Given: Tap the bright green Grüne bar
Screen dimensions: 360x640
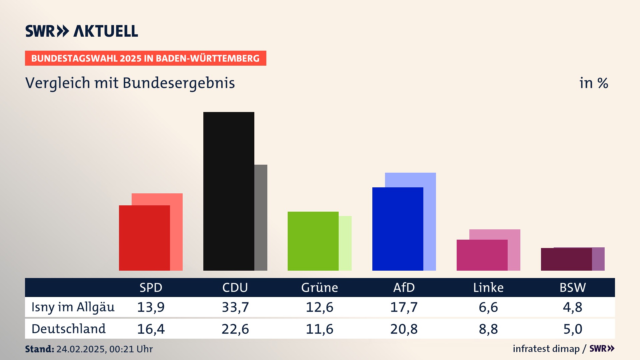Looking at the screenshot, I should [313, 241].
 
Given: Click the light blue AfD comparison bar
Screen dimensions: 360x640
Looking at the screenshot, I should [430, 220].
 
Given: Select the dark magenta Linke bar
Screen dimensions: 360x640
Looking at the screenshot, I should [482, 255].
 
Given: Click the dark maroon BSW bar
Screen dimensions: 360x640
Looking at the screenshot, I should [566, 259].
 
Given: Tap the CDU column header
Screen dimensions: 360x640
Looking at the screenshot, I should [235, 287].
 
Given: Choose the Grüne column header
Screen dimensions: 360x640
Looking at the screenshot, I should [319, 287].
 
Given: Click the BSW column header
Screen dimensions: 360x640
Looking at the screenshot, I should [572, 287].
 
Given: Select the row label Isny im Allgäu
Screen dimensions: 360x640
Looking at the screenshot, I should [73, 307].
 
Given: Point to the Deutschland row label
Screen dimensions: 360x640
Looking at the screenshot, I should [68, 329].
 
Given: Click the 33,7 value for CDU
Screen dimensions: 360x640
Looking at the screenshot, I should [235, 307].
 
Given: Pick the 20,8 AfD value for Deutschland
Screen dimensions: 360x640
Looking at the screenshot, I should [404, 329].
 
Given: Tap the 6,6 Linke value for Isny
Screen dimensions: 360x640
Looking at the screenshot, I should [488, 307].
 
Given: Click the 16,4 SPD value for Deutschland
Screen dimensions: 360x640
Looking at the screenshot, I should [151, 329].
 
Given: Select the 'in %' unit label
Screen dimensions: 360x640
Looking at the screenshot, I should [593, 83].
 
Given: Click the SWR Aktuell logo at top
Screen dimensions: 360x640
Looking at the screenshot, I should [81, 31].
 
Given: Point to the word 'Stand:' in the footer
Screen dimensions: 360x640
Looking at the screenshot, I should [39, 349].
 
